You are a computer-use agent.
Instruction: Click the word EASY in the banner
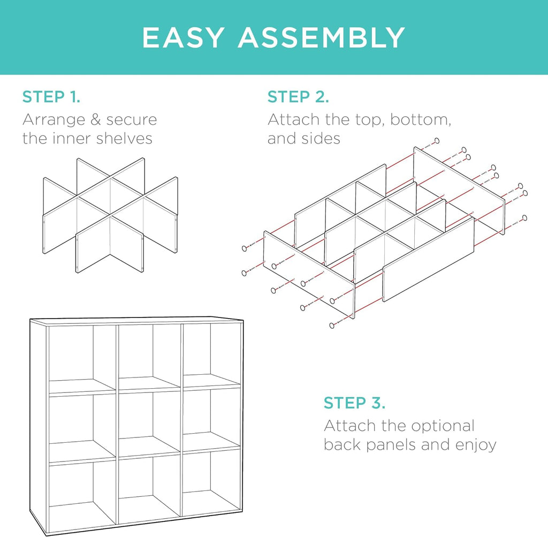pos(183,37)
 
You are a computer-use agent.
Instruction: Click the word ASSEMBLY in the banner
pos(321,37)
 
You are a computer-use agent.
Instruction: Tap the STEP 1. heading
pos(51,97)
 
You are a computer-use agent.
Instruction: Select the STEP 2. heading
pos(298,97)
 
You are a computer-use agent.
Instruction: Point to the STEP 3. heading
pos(354,403)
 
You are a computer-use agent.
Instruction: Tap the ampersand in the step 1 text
pos(96,120)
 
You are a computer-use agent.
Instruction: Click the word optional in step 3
pos(443,427)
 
